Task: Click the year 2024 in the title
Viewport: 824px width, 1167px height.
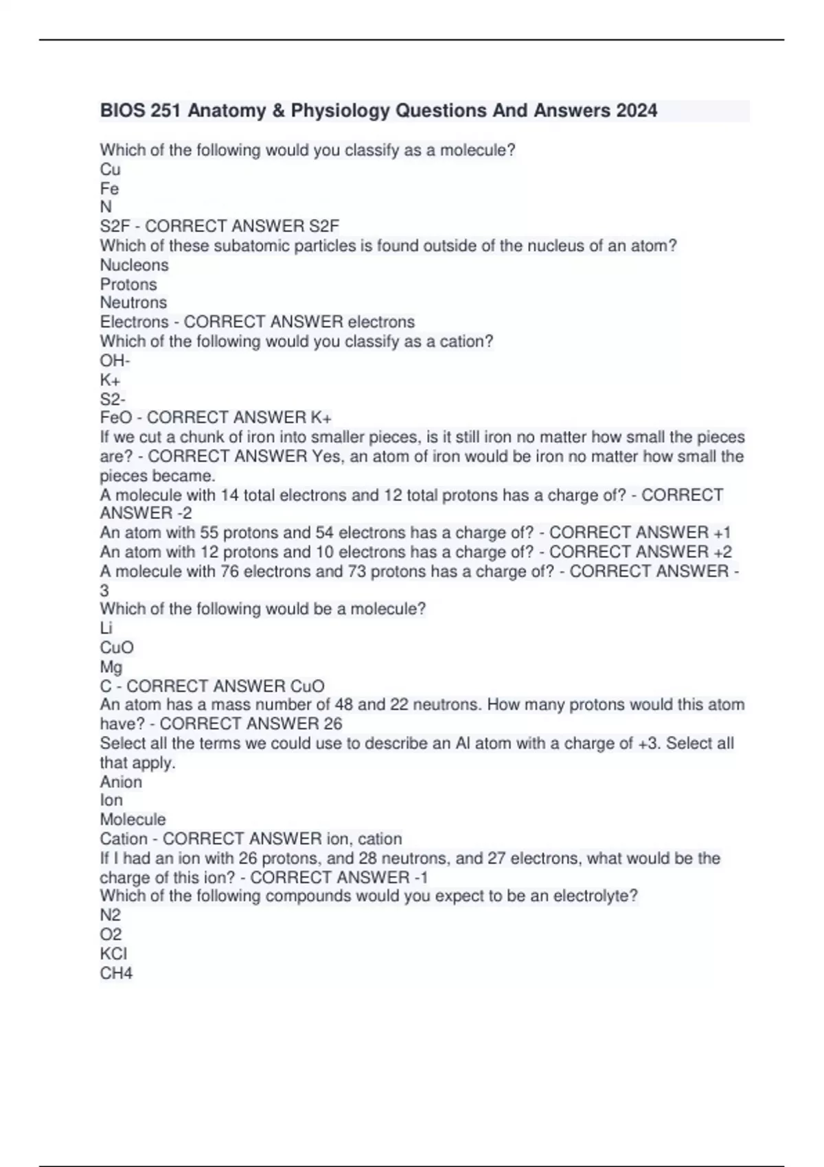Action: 637,111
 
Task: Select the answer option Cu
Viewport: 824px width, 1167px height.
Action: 110,170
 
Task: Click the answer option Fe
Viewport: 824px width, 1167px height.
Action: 109,189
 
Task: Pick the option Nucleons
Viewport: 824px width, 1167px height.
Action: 134,265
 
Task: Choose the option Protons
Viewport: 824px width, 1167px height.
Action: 128,284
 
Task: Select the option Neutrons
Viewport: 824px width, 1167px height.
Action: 133,303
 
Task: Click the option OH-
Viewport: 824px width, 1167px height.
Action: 115,360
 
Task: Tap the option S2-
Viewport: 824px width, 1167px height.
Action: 113,399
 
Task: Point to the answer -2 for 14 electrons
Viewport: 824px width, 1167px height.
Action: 183,513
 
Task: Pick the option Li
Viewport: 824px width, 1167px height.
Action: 106,628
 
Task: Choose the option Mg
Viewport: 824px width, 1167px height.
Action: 111,667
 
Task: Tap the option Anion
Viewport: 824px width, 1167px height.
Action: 121,782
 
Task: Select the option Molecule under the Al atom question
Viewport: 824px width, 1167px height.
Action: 133,820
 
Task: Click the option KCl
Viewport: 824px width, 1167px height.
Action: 113,954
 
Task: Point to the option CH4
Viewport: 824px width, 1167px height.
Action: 116,973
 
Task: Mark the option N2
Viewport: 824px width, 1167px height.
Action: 111,915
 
